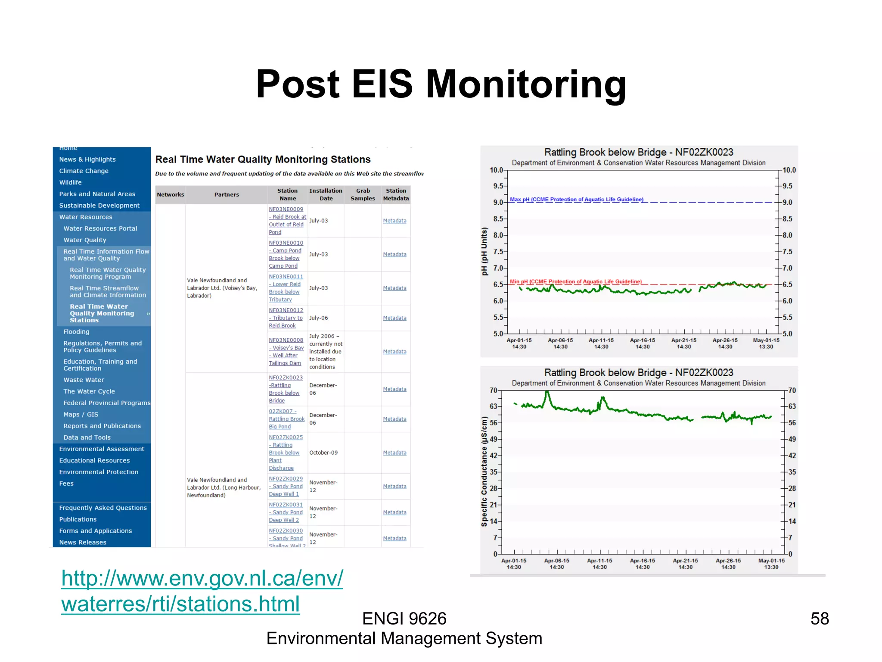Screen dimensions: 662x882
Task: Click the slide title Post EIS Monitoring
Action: (x=441, y=84)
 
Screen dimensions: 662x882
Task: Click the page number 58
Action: (x=819, y=619)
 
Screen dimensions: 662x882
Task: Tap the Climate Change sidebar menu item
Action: (x=84, y=171)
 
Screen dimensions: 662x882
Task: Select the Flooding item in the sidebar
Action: (x=76, y=332)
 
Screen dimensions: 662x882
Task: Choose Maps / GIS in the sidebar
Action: (x=81, y=415)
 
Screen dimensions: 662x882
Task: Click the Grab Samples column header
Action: (x=363, y=194)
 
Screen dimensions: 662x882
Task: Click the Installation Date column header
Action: (x=326, y=194)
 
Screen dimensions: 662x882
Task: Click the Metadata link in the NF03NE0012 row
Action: (x=394, y=318)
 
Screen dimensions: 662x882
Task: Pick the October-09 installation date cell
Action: (x=323, y=453)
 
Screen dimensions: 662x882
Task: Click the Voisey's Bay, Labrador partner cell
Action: (x=222, y=288)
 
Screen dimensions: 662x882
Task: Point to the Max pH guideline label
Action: (x=576, y=200)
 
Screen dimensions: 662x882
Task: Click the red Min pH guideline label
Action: (x=575, y=282)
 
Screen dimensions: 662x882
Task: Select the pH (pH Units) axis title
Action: (x=484, y=251)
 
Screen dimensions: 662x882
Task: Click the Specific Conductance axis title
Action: (x=484, y=472)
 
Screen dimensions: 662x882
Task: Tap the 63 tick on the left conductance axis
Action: (x=493, y=406)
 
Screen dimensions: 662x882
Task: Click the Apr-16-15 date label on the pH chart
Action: (x=642, y=343)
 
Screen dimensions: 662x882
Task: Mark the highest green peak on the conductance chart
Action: (x=547, y=392)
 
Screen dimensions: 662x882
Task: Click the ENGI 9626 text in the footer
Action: (x=404, y=619)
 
